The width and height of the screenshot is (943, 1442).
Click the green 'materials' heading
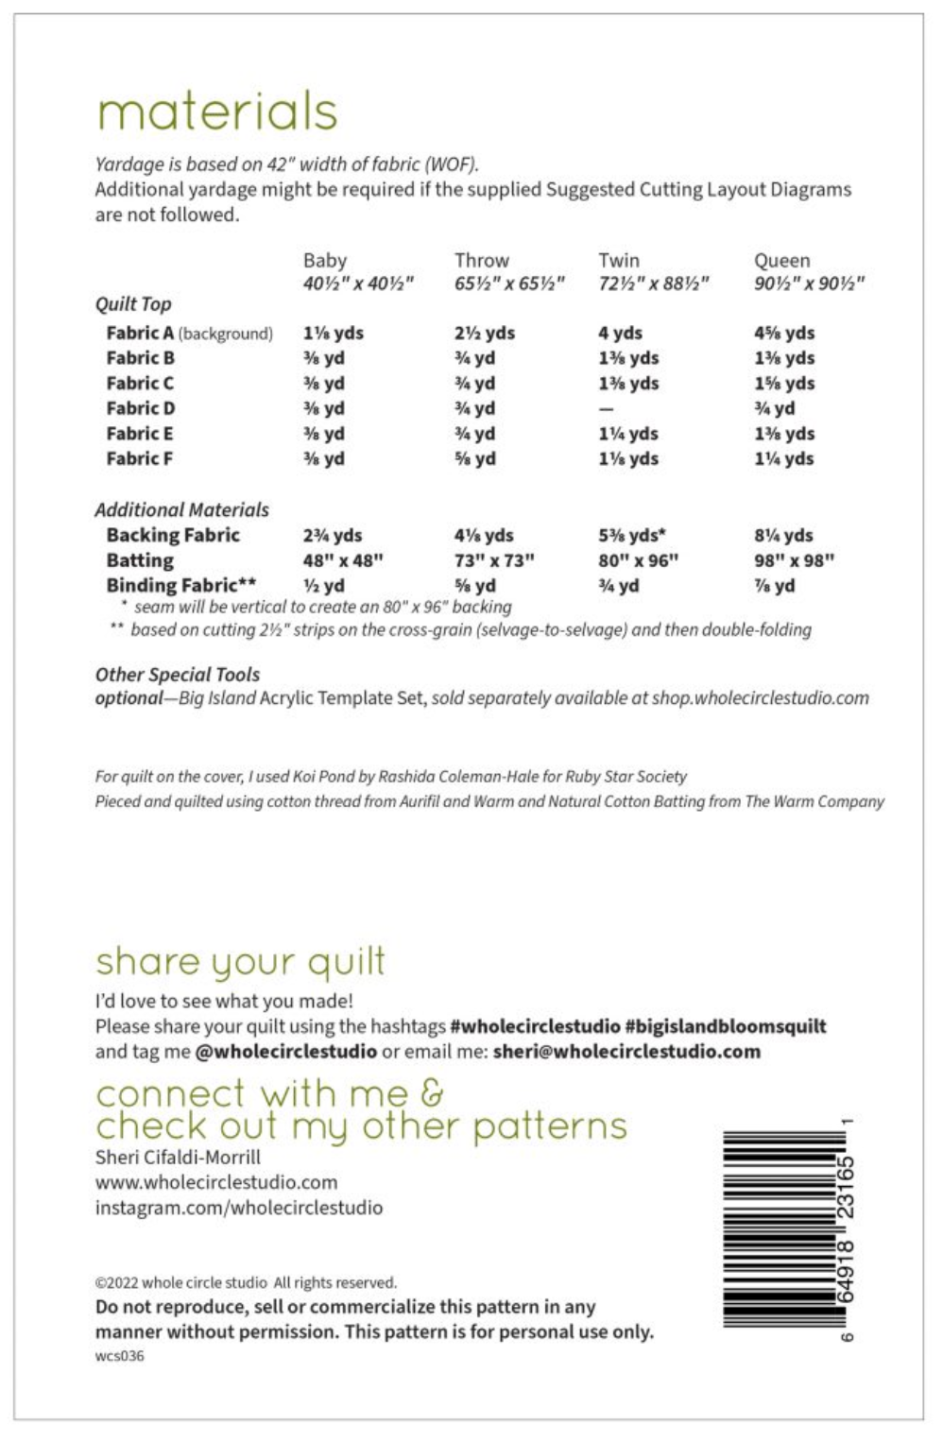(216, 112)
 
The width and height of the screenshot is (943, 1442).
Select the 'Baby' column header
(325, 260)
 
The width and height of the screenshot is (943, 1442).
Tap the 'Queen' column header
(781, 260)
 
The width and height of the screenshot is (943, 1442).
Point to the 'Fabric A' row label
(140, 333)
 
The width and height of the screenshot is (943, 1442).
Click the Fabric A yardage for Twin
(620, 333)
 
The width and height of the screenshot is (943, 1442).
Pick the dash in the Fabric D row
(606, 409)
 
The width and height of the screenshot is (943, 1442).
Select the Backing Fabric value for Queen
(783, 535)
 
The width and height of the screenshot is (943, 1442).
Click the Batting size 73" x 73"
(494, 560)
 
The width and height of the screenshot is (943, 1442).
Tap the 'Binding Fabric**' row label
(180, 585)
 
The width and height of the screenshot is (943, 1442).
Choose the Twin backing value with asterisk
(631, 535)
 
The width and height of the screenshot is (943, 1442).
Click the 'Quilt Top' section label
(133, 304)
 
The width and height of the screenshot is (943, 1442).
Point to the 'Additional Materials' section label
(181, 509)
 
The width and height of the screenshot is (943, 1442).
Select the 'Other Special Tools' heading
(178, 675)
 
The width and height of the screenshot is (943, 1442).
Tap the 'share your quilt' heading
(240, 961)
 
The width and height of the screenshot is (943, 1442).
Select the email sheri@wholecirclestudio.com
(626, 1052)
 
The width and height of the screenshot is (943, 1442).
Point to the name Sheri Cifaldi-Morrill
(178, 1157)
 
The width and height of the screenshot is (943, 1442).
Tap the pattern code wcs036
(119, 1356)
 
